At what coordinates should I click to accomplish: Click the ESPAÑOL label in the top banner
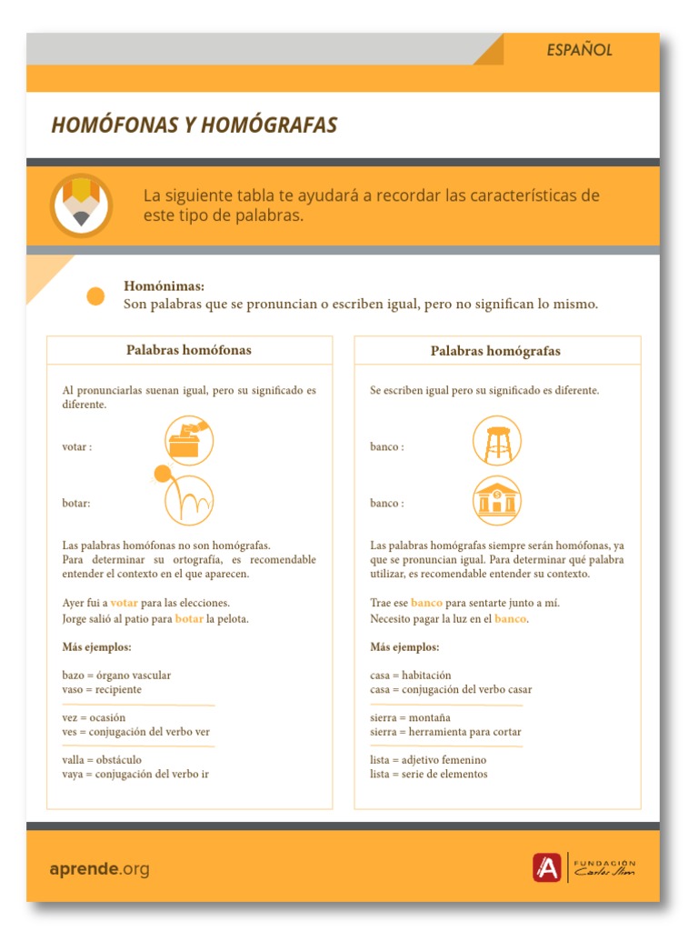tap(579, 50)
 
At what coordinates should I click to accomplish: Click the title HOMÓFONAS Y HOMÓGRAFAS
tap(194, 125)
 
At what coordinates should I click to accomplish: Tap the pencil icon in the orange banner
tap(81, 204)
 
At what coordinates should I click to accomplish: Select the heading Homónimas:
tap(164, 285)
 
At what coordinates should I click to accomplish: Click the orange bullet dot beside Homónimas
tap(95, 295)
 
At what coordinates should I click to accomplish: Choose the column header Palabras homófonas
tap(189, 350)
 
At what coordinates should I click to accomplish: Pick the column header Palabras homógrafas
tap(495, 351)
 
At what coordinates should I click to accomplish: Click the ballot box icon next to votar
tap(189, 441)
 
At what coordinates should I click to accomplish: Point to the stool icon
tap(497, 441)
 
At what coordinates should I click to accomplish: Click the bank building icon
tap(497, 500)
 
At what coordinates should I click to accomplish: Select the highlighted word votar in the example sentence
tap(124, 603)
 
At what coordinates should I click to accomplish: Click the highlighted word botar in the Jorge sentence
tap(189, 619)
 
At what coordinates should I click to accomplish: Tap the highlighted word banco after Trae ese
tap(426, 603)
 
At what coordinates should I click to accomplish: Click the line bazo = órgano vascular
tap(116, 676)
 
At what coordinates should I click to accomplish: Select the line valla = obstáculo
tap(102, 759)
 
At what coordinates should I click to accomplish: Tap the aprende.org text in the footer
tap(99, 869)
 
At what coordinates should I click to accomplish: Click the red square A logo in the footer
tap(546, 868)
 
